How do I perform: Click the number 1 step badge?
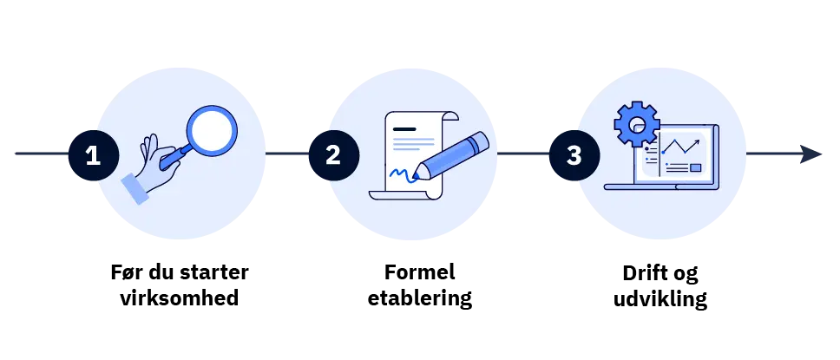pyautogui.click(x=93, y=155)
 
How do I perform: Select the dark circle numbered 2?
pyautogui.click(x=333, y=155)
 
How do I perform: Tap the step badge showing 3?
pyautogui.click(x=574, y=155)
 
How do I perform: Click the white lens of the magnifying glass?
pyautogui.click(x=212, y=130)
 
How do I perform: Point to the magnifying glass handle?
pyautogui.click(x=175, y=155)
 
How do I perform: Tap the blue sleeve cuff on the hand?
pyautogui.click(x=135, y=188)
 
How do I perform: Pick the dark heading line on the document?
pyautogui.click(x=404, y=129)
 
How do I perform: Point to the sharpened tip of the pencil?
pyautogui.click(x=417, y=175)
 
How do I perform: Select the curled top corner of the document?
pyautogui.click(x=450, y=117)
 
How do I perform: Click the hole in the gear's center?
pyautogui.click(x=637, y=124)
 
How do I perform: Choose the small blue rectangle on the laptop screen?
pyautogui.click(x=695, y=167)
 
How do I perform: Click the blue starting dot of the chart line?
pyautogui.click(x=663, y=152)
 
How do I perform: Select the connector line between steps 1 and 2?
pyautogui.click(x=285, y=154)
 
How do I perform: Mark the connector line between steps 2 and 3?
pyautogui.click(x=522, y=154)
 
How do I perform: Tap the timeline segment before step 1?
pyautogui.click(x=39, y=154)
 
